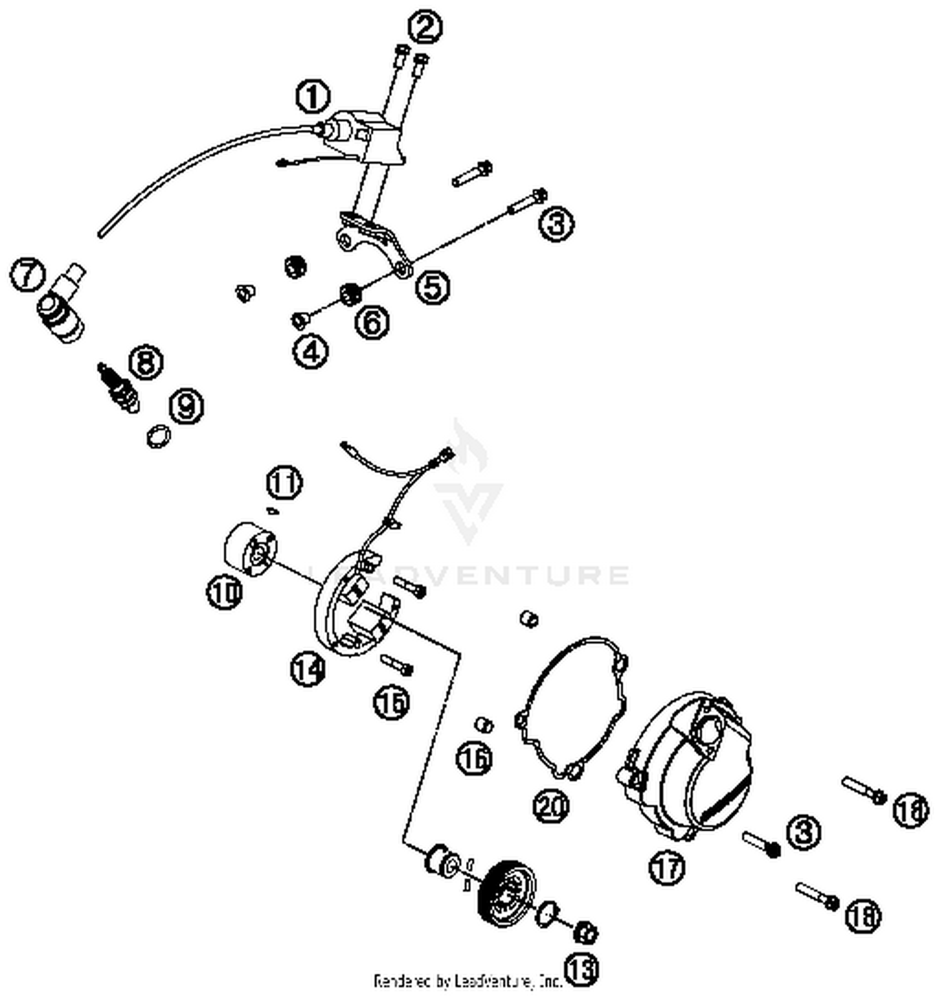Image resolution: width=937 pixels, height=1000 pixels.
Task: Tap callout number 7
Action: pos(27,276)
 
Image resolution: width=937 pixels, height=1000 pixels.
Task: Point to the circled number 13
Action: pos(582,969)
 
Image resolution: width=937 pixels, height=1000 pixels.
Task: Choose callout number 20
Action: pos(552,805)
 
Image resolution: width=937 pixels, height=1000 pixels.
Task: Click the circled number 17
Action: pos(667,867)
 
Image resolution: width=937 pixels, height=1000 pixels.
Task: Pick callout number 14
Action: pos(308,670)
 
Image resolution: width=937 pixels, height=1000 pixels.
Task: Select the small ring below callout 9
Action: pos(159,436)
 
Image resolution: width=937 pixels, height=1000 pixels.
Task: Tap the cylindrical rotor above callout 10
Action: pos(250,548)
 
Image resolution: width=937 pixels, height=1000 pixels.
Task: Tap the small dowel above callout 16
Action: pos(485,725)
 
